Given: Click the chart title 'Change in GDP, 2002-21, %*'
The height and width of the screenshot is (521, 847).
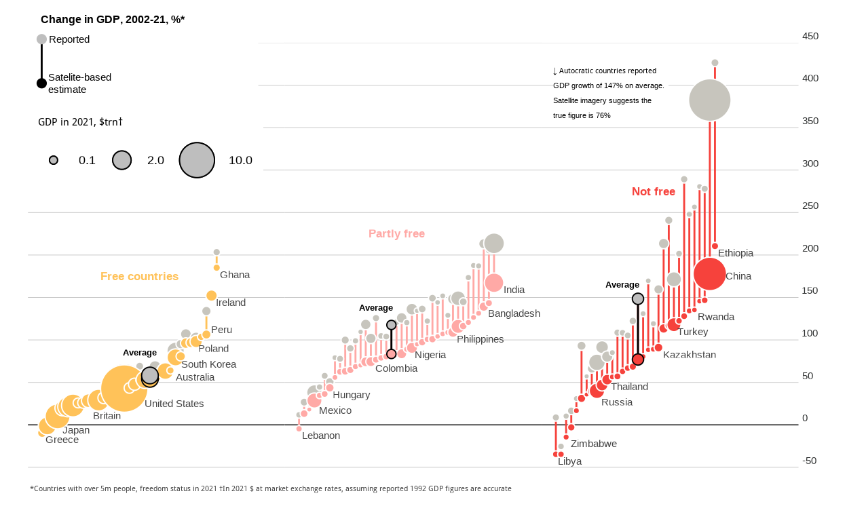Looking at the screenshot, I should (x=113, y=20).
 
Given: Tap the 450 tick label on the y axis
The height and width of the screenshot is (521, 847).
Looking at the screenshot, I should (x=810, y=36).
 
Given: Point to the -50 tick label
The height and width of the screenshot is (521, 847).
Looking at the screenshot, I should (x=809, y=461).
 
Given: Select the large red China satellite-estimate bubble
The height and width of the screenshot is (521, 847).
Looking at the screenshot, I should (x=710, y=274).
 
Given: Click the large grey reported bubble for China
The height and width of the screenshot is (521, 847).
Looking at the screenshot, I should (x=710, y=100).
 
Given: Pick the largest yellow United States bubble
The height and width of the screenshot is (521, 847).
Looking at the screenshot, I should (x=124, y=388).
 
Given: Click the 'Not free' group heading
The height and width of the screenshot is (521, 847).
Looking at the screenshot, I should (x=653, y=192).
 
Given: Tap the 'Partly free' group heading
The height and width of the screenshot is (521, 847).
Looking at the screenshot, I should (x=396, y=234).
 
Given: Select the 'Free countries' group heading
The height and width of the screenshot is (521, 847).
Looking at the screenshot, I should (x=139, y=277).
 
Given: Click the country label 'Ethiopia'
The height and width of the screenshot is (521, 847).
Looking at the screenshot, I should (x=736, y=253).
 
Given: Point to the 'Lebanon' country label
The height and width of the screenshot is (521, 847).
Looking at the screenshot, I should (x=321, y=436).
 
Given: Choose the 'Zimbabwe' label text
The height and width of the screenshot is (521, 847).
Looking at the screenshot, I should (x=594, y=444).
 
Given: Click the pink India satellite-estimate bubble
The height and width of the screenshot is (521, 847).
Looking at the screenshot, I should (x=494, y=283).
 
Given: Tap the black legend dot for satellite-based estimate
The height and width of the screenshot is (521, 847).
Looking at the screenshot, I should (x=41, y=83).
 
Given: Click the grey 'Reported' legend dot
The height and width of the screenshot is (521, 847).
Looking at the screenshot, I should (x=41, y=39).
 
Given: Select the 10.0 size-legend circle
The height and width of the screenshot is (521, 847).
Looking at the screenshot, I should (x=197, y=160).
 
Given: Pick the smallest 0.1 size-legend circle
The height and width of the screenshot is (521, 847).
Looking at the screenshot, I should (x=54, y=160).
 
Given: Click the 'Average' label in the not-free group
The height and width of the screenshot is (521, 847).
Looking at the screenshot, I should (x=622, y=285).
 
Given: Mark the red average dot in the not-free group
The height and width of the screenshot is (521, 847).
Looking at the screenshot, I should (x=638, y=360).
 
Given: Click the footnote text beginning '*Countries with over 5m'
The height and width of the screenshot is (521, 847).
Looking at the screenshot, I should (x=271, y=488).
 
